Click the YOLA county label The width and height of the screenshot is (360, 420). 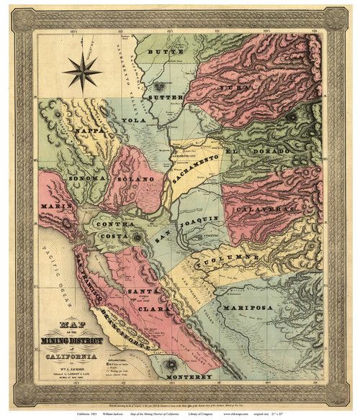pos(130,121)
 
